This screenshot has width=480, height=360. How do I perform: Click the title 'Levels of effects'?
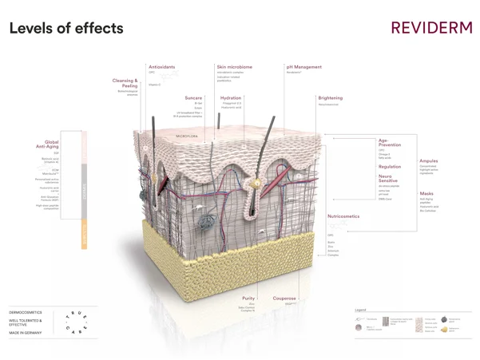66,29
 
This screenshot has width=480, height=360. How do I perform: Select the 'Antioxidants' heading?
162,67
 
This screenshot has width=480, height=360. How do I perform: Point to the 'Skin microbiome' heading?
234,67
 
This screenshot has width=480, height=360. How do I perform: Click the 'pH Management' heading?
303,67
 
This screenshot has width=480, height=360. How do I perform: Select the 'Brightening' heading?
330,97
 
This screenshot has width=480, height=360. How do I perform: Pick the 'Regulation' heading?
390,166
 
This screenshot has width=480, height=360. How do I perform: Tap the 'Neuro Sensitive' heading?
390,178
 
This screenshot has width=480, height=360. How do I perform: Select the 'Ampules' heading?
429,161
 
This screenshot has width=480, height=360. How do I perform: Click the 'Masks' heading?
426,193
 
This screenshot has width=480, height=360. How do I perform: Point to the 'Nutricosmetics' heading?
343,216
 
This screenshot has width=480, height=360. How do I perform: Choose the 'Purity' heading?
249,299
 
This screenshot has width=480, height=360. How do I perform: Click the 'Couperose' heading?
284,299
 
